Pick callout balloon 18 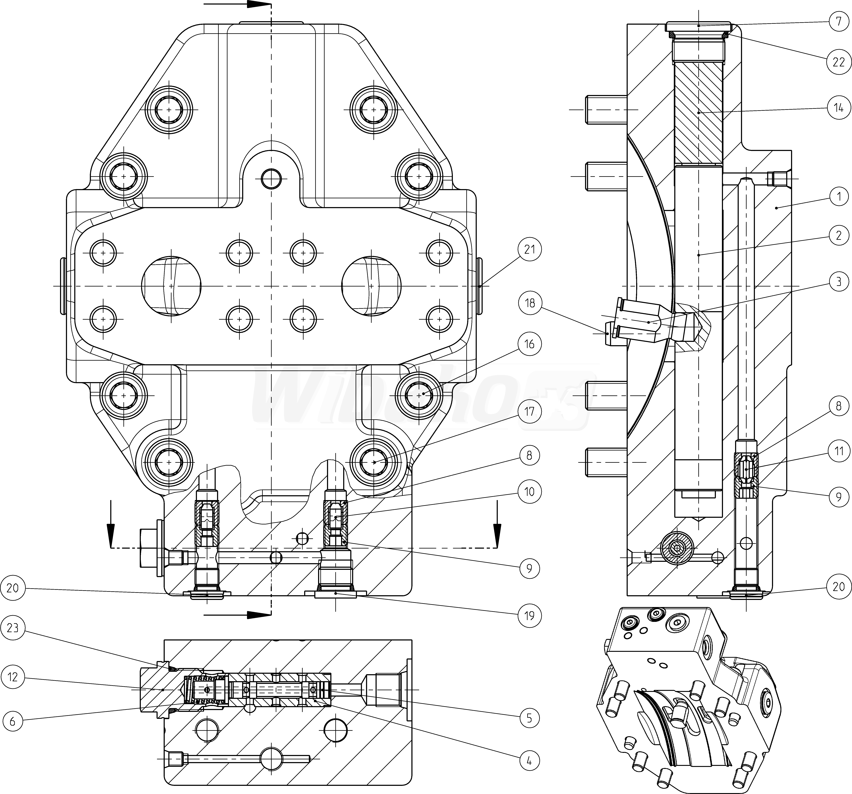(x=530, y=303)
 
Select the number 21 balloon (x=530, y=249)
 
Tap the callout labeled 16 (x=530, y=344)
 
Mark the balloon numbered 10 (x=530, y=491)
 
